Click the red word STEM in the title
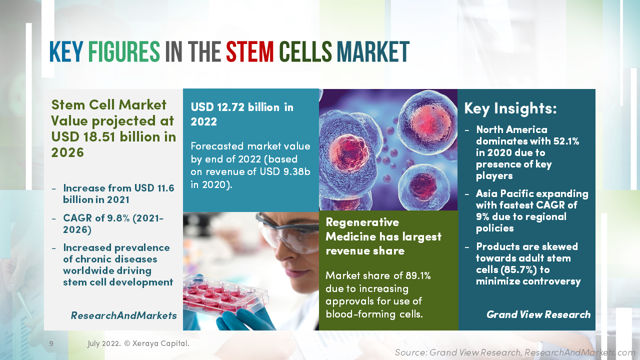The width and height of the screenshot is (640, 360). (249, 52)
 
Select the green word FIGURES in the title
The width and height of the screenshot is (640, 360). (124, 52)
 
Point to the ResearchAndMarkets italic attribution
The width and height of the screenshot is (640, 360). (123, 315)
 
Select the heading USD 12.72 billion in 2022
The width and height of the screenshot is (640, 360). (242, 114)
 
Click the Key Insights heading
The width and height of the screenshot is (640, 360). (510, 108)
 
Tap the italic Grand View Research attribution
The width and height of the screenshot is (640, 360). (538, 314)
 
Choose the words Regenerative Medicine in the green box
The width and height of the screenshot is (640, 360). (362, 228)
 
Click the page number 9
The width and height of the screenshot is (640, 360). (51, 343)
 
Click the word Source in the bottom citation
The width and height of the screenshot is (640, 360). (409, 352)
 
